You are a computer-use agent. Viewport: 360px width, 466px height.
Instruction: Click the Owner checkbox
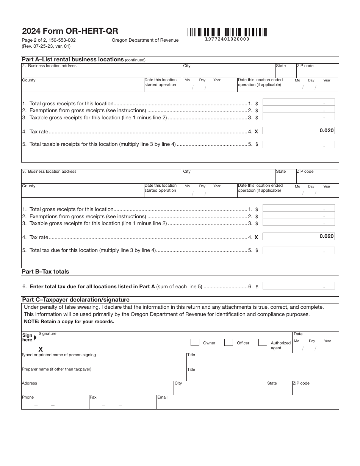195,342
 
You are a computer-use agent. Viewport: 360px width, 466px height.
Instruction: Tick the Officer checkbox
229,342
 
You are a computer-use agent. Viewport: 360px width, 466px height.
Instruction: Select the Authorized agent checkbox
263,342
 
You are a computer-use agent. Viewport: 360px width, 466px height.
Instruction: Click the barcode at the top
227,32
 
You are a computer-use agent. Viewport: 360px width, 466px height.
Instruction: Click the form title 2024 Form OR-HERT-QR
70,31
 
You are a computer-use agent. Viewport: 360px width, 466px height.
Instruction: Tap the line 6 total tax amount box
299,286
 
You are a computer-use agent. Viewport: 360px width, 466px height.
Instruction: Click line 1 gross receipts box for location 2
299,102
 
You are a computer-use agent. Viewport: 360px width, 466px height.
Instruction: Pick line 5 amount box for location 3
299,250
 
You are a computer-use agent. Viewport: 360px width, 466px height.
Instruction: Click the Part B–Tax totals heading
45,272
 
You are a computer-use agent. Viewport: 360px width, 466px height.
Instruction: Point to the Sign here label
28,338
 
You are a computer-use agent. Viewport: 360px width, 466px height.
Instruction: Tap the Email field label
163,397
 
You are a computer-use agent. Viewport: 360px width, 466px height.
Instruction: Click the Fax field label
93,397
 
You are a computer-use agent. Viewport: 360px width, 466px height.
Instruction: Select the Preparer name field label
56,369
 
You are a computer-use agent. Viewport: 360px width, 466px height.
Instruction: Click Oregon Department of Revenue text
145,40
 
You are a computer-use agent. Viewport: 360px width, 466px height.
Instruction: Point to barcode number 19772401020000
227,39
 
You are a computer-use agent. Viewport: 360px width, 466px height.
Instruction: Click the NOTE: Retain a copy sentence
69,322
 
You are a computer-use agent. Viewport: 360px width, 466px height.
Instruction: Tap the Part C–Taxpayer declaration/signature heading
75,300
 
